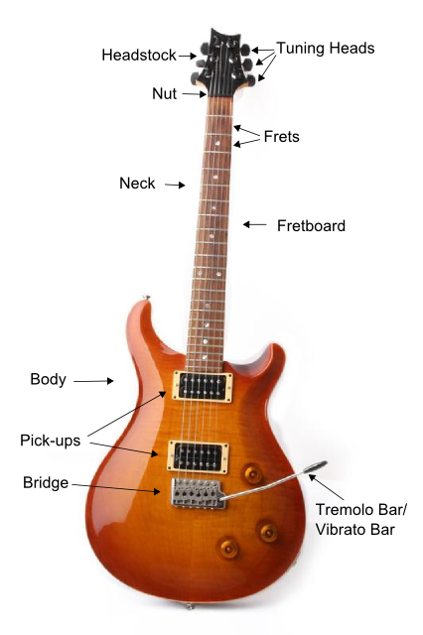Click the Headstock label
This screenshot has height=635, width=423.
(139, 56)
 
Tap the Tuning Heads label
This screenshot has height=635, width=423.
(326, 49)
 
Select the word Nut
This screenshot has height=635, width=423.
(164, 93)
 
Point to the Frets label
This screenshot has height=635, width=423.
(282, 137)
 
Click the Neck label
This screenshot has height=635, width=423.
(137, 183)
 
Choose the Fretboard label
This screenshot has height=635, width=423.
(311, 225)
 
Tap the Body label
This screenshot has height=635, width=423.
(49, 379)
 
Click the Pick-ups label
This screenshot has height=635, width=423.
(51, 441)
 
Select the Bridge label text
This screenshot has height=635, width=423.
(46, 483)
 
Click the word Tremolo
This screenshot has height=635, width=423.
(347, 509)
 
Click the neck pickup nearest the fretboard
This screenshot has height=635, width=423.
(203, 386)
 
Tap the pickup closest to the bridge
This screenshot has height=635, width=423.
(199, 457)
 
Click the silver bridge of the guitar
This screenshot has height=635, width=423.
(198, 493)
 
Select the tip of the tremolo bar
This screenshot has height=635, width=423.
(323, 463)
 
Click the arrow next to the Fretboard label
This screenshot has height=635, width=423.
(255, 224)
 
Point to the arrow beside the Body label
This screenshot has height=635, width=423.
(93, 381)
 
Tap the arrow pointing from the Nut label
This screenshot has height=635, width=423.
(194, 94)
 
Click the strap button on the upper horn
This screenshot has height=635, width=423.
(146, 298)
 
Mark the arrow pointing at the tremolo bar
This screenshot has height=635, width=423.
(327, 487)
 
